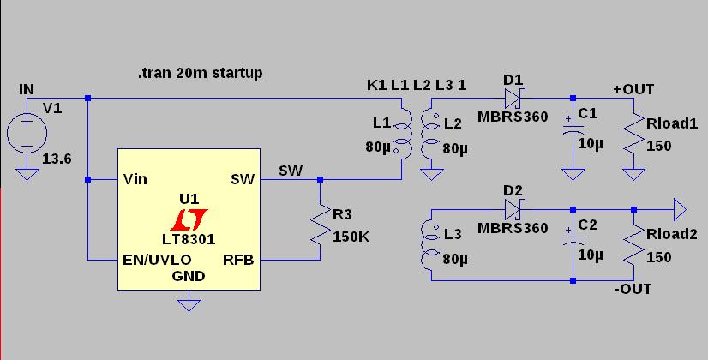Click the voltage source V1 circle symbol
27,133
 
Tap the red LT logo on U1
189,219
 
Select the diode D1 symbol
513,98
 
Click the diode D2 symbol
513,210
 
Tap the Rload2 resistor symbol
633,246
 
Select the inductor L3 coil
429,245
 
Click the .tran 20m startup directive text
200,73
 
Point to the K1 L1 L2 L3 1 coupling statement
417,85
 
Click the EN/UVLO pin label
157,261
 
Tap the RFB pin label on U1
238,261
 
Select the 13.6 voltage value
57,159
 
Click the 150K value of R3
351,237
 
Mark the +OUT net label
633,89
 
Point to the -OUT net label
633,289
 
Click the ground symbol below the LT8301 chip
189,303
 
